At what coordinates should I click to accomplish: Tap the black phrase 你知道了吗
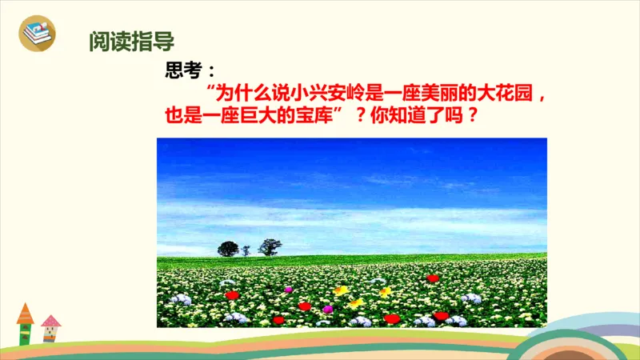418,115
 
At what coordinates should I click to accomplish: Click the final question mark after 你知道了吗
472,115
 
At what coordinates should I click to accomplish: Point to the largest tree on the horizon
228,248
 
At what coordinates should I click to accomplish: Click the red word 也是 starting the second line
182,115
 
